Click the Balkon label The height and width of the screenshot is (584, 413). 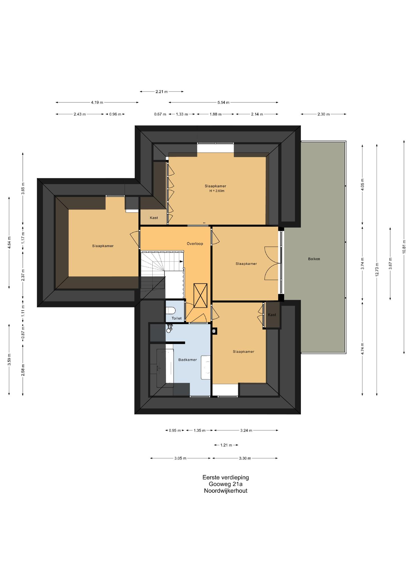(314, 259)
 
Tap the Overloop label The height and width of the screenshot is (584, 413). (195, 244)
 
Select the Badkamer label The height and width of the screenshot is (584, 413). (187, 360)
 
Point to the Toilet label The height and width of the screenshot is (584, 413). (177, 318)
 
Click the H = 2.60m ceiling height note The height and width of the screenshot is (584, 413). (217, 191)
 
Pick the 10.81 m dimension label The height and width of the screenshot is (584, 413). (404, 247)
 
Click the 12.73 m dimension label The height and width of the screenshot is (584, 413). (377, 269)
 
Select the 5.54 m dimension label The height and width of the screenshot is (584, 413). (223, 102)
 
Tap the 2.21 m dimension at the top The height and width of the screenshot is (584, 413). (161, 92)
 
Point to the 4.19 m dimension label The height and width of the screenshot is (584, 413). (97, 102)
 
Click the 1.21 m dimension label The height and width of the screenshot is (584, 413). (226, 445)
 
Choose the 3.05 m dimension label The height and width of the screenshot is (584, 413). (180, 458)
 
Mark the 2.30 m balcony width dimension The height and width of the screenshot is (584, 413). (323, 114)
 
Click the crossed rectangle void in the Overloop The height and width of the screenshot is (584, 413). (201, 295)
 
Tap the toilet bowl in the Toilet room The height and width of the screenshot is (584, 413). (170, 310)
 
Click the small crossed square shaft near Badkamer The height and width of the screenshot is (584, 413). (214, 331)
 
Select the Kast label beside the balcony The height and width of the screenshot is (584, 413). (272, 315)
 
